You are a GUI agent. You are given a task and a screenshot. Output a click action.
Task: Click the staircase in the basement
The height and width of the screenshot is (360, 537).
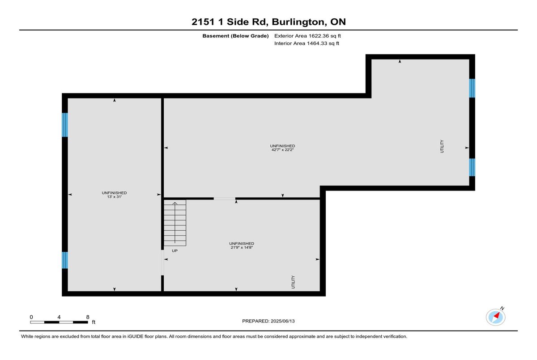pyautogui.click(x=175, y=223)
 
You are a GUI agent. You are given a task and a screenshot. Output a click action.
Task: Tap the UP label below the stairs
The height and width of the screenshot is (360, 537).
pyautogui.click(x=175, y=251)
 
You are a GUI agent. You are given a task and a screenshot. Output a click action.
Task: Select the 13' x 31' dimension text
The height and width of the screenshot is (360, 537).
pyautogui.click(x=115, y=197)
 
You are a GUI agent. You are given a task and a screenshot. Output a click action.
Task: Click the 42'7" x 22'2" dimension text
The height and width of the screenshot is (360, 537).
pyautogui.click(x=282, y=150)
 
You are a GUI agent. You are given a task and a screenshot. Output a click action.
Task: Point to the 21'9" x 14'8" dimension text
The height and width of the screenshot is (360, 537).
pyautogui.click(x=242, y=247)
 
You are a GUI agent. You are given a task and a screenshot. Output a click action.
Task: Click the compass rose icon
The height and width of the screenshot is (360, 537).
pyautogui.click(x=496, y=317)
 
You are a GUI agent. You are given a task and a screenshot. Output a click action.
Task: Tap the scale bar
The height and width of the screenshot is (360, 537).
pyautogui.click(x=59, y=322)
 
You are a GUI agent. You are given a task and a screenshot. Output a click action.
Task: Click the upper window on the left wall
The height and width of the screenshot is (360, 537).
pyautogui.click(x=65, y=125)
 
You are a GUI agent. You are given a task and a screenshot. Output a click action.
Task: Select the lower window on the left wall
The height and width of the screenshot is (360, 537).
pyautogui.click(x=65, y=260)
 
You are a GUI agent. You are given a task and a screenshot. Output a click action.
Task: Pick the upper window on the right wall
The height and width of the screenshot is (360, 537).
pyautogui.click(x=472, y=88)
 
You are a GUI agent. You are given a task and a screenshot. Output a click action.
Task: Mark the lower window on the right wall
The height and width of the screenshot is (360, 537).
pyautogui.click(x=472, y=167)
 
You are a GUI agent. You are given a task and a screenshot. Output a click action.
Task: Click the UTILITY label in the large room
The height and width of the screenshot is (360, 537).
pyautogui.click(x=442, y=146)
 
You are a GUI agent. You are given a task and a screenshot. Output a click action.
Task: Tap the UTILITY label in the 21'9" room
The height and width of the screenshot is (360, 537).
pyautogui.click(x=293, y=282)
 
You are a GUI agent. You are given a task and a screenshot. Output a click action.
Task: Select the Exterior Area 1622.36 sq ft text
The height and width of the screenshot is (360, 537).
pyautogui.click(x=307, y=36)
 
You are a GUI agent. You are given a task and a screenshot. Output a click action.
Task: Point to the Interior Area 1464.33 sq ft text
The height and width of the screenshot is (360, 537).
pyautogui.click(x=307, y=43)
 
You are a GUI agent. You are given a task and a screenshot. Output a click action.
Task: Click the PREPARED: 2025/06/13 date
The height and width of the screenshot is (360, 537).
pyautogui.click(x=268, y=321)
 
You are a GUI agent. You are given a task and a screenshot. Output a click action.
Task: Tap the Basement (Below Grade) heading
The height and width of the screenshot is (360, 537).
pyautogui.click(x=235, y=36)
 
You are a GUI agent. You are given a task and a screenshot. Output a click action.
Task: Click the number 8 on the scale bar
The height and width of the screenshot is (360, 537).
pyautogui.click(x=88, y=317)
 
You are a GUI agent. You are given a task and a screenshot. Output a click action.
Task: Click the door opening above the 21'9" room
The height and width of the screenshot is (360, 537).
pyautogui.click(x=225, y=199)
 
